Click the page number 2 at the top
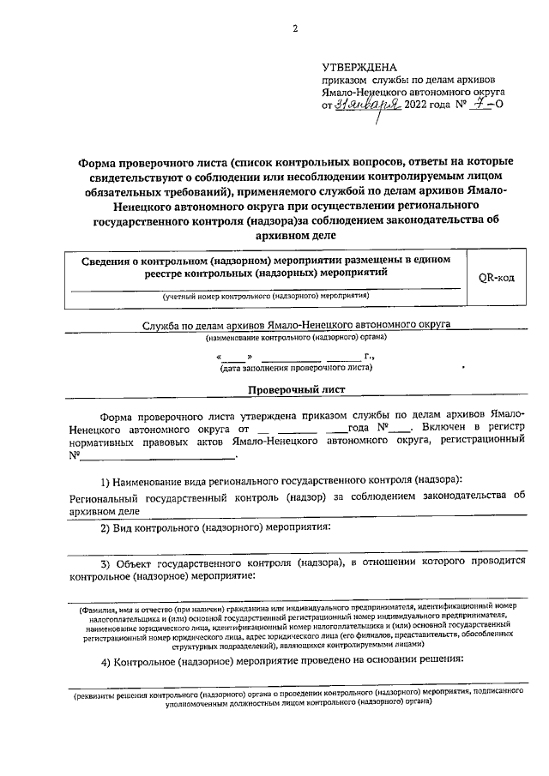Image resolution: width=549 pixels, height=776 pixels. (294, 29)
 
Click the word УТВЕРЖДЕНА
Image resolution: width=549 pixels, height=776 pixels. (359, 66)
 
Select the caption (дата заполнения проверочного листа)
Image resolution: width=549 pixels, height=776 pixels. (296, 368)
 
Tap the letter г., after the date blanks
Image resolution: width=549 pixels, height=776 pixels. (370, 355)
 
